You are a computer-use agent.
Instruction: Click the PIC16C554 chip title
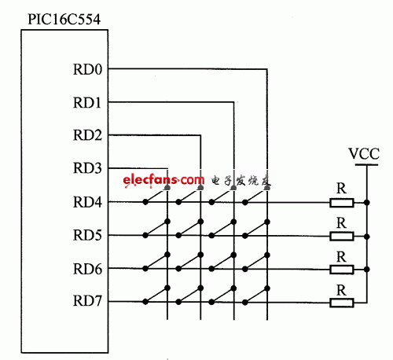click(64, 19)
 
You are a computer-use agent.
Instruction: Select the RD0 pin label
click(87, 69)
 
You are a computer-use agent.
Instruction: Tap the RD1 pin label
click(87, 102)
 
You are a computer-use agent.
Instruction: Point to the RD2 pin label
click(87, 135)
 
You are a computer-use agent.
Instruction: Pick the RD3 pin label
click(87, 168)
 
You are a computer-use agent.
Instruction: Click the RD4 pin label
click(87, 202)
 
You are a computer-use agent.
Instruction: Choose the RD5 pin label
click(87, 235)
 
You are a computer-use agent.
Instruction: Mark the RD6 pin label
click(87, 269)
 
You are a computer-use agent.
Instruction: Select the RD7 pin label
click(87, 301)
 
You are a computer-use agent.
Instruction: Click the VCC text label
click(364, 154)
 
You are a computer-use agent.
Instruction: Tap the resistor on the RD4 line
click(342, 203)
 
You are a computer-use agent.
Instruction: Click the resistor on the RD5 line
click(342, 236)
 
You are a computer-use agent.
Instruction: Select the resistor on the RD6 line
click(342, 270)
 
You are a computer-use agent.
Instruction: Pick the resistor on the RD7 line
click(342, 303)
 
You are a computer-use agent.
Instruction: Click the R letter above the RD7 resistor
click(341, 290)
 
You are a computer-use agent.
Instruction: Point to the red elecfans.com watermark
click(163, 180)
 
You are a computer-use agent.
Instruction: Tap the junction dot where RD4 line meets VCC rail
click(367, 203)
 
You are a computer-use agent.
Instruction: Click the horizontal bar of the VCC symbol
click(366, 165)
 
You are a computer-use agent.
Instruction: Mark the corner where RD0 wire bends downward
click(267, 69)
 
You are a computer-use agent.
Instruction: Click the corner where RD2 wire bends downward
click(200, 135)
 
